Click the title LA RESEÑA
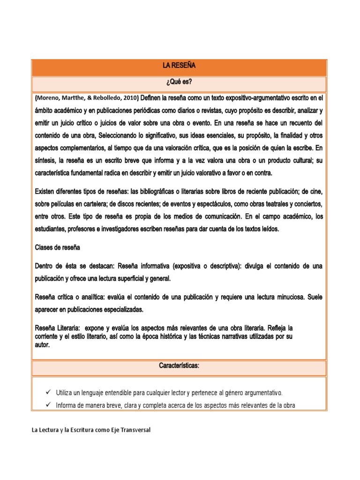pos(179,68)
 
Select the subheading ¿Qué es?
pos(179,83)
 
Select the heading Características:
pos(179,366)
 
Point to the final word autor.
pos(42,345)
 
